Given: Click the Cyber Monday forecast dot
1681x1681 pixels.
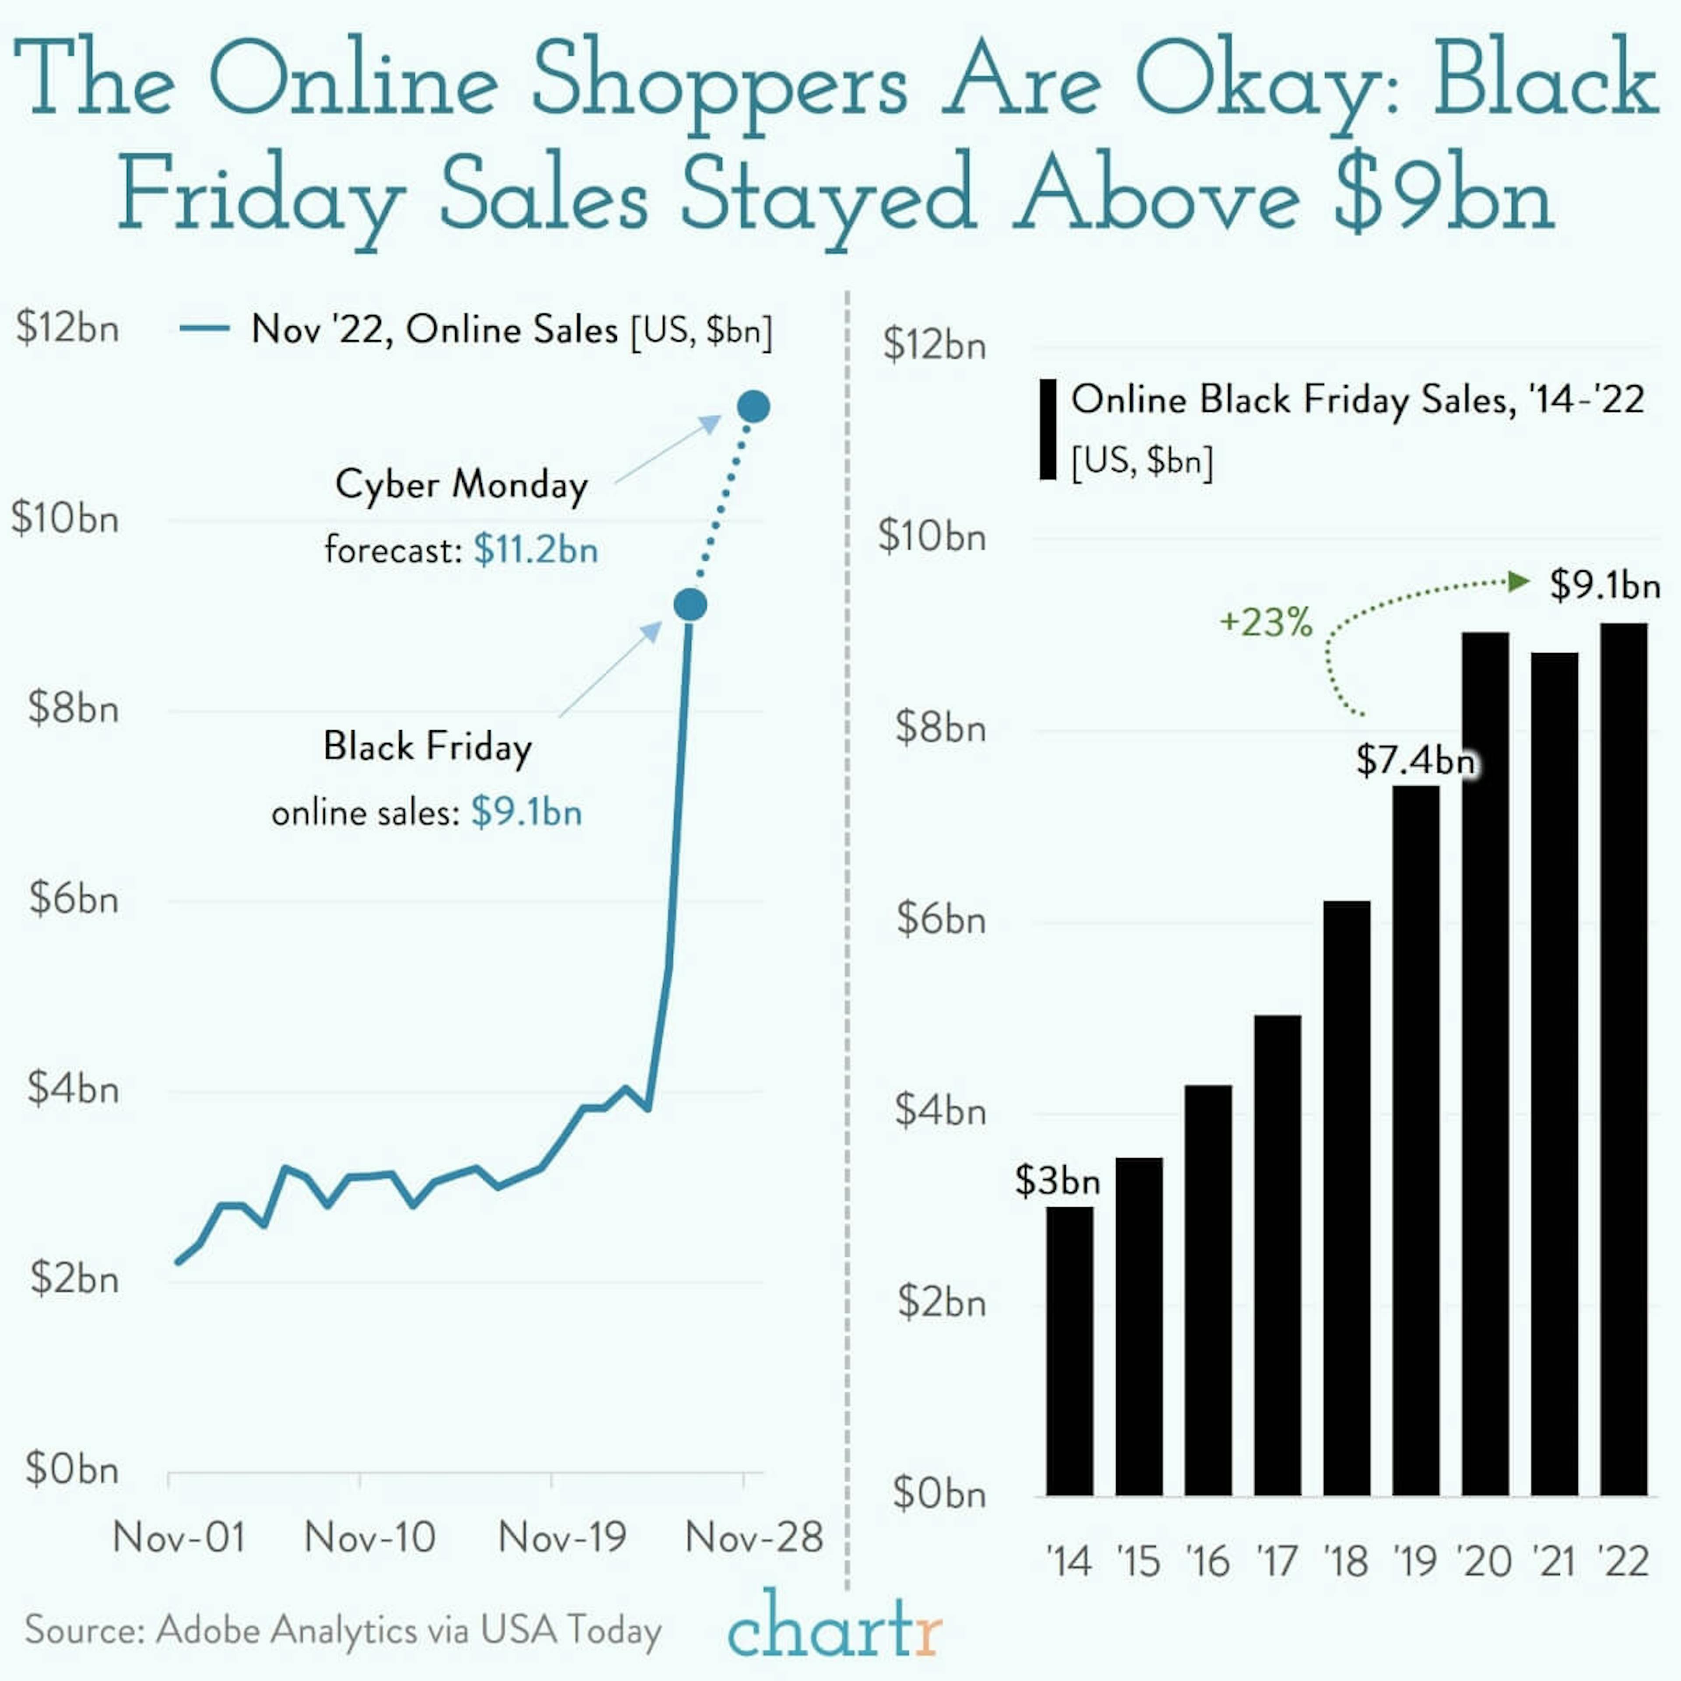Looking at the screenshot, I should (x=753, y=406).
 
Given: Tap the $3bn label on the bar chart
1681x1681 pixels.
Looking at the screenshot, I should (x=1057, y=1181).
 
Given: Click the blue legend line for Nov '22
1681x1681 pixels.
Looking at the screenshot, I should (x=204, y=329).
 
